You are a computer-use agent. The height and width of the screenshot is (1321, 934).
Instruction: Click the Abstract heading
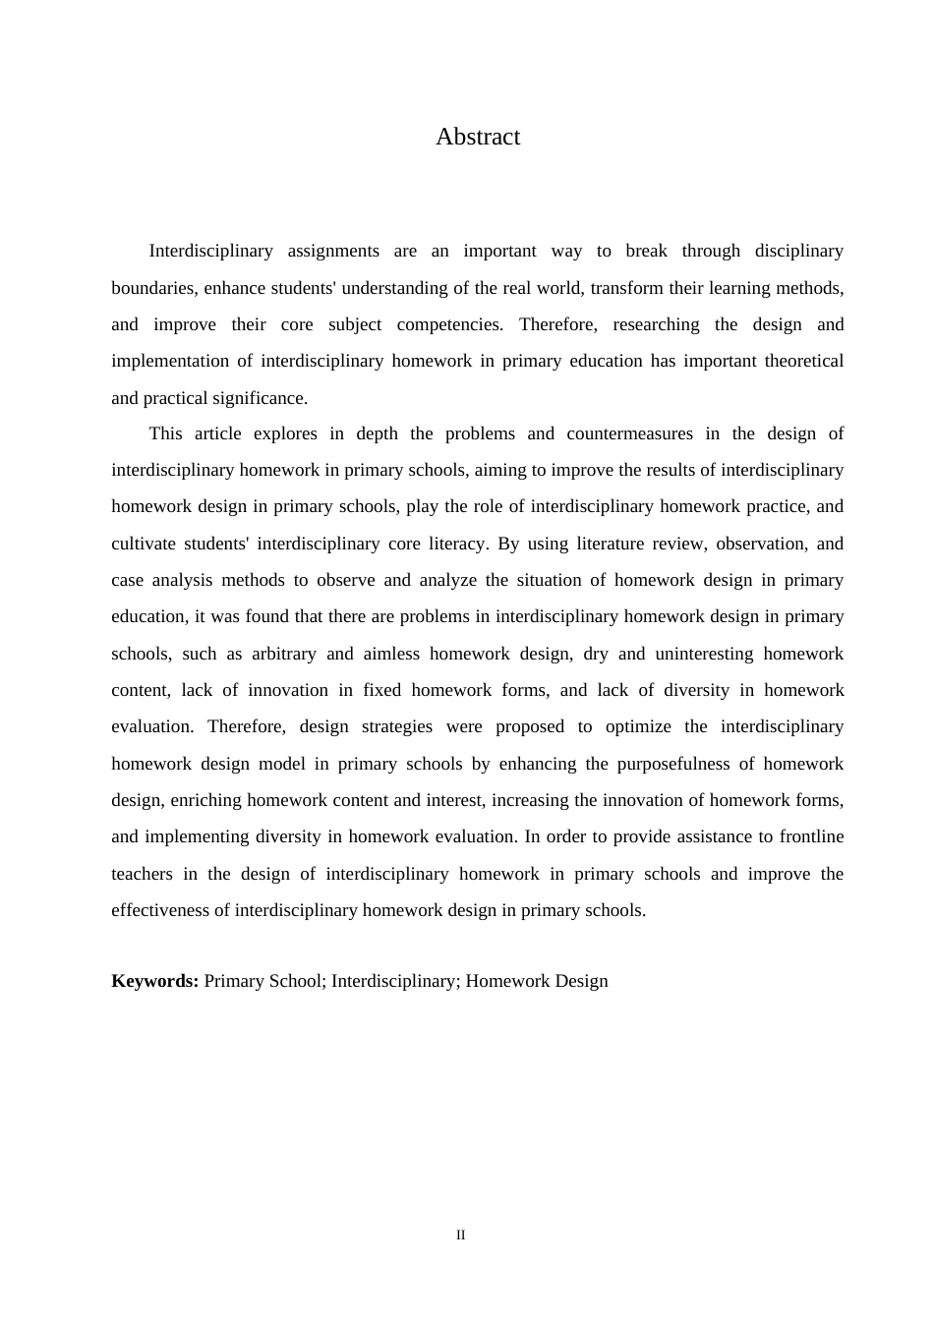(478, 137)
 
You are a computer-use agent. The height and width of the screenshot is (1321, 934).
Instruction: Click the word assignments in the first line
(333, 251)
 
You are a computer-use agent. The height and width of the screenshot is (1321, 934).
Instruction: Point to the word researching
(656, 324)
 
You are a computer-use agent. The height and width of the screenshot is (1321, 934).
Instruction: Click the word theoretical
(803, 361)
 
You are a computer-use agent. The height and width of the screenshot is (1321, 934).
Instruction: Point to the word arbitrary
(282, 654)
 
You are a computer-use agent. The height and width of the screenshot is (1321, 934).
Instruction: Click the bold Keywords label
(155, 981)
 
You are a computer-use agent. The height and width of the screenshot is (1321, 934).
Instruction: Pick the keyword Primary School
(263, 981)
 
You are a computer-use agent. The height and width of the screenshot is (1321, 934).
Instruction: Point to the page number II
(461, 1235)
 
